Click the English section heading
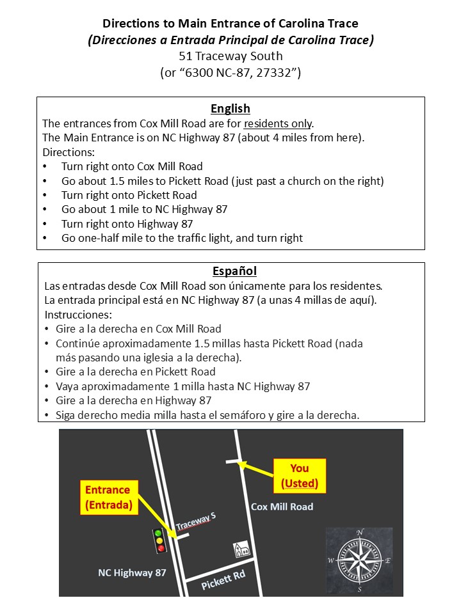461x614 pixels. (230, 108)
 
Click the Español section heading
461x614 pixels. (230, 271)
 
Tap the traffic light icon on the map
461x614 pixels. (160, 540)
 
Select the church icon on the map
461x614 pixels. (241, 550)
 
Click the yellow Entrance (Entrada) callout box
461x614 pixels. (108, 497)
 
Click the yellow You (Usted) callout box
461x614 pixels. (300, 476)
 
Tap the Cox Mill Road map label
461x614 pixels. (282, 507)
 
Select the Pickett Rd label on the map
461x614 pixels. (223, 580)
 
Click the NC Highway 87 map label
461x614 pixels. (132, 572)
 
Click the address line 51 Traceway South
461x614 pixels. (230, 56)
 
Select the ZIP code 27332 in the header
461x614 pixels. (276, 72)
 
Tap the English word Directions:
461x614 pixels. (69, 152)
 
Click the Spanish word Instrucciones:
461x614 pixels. (78, 315)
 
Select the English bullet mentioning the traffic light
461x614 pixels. (182, 238)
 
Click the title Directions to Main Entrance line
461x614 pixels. (230, 24)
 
